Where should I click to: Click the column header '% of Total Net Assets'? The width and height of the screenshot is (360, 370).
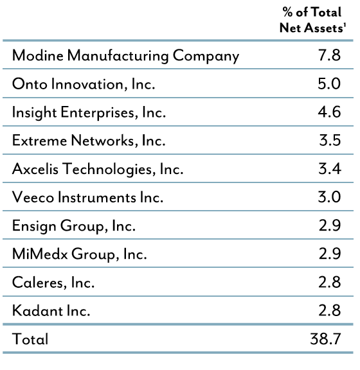tap(313, 20)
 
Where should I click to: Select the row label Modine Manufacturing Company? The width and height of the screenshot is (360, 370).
tap(125, 56)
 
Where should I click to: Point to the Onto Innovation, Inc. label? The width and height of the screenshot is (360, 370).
tap(84, 84)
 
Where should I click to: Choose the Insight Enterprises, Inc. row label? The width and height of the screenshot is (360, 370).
tap(89, 112)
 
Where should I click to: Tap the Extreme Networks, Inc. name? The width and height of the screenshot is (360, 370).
tap(89, 141)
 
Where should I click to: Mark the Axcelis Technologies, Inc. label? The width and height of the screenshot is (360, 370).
tap(98, 170)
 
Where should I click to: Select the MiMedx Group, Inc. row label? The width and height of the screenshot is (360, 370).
tap(79, 254)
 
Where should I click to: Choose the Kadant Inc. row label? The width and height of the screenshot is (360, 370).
tap(51, 312)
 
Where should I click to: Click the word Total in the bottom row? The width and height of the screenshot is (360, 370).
tap(30, 339)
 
